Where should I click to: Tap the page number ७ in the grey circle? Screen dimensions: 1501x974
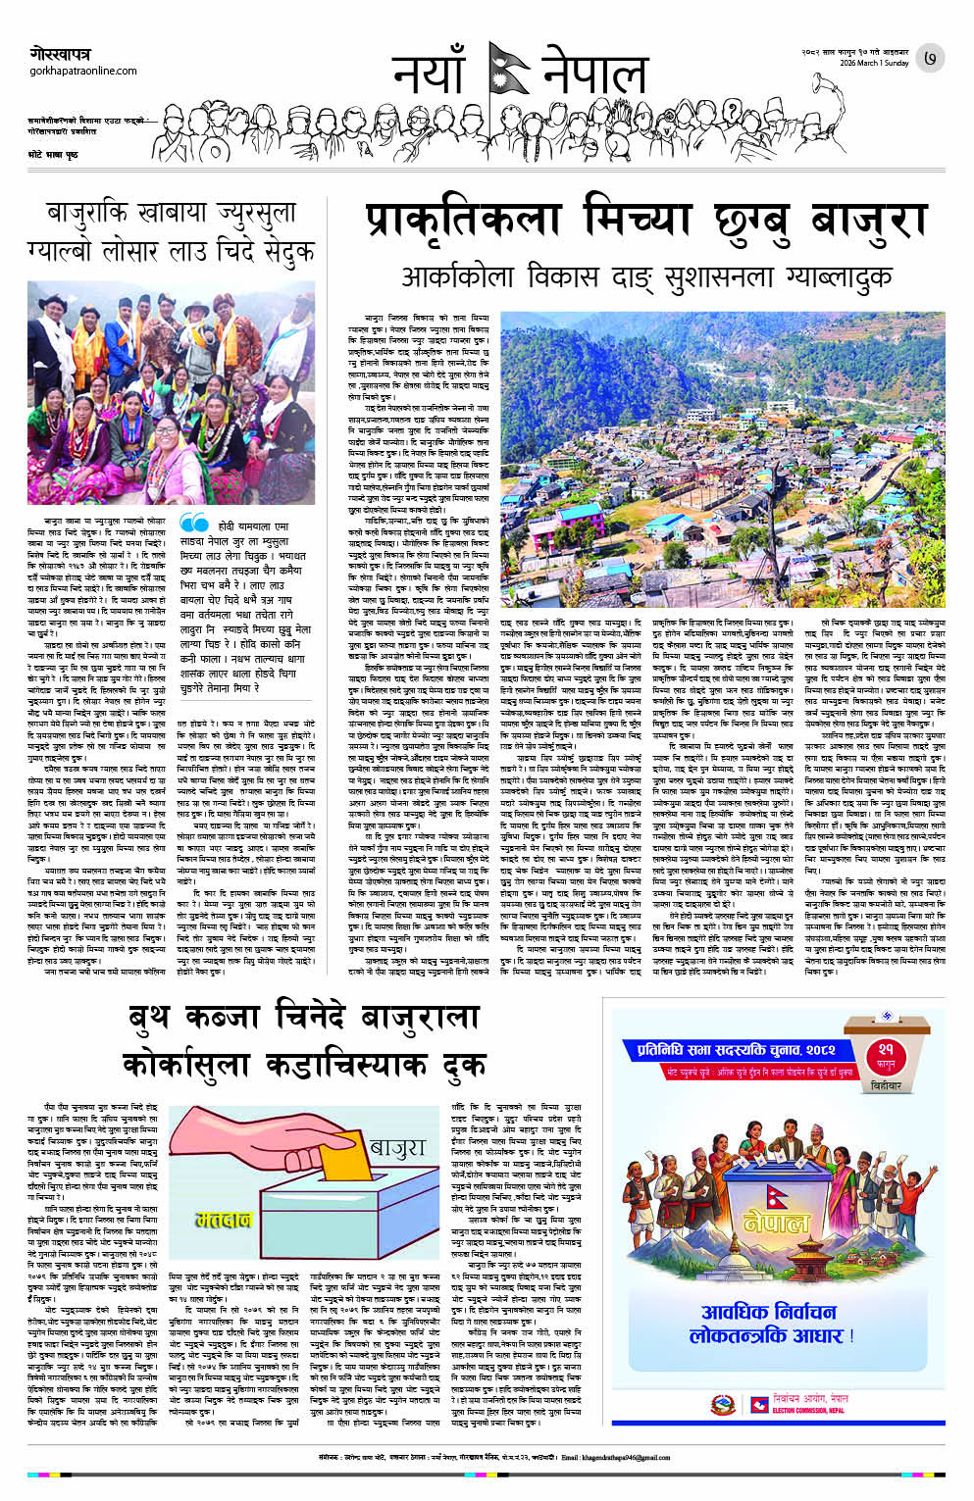pos(929,59)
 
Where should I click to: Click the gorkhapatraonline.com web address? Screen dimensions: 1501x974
pos(83,71)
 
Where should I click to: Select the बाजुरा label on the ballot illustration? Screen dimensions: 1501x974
pos(396,1147)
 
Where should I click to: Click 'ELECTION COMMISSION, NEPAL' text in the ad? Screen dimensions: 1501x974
pos(807,1411)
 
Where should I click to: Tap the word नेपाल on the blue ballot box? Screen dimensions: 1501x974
pos(777,1223)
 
